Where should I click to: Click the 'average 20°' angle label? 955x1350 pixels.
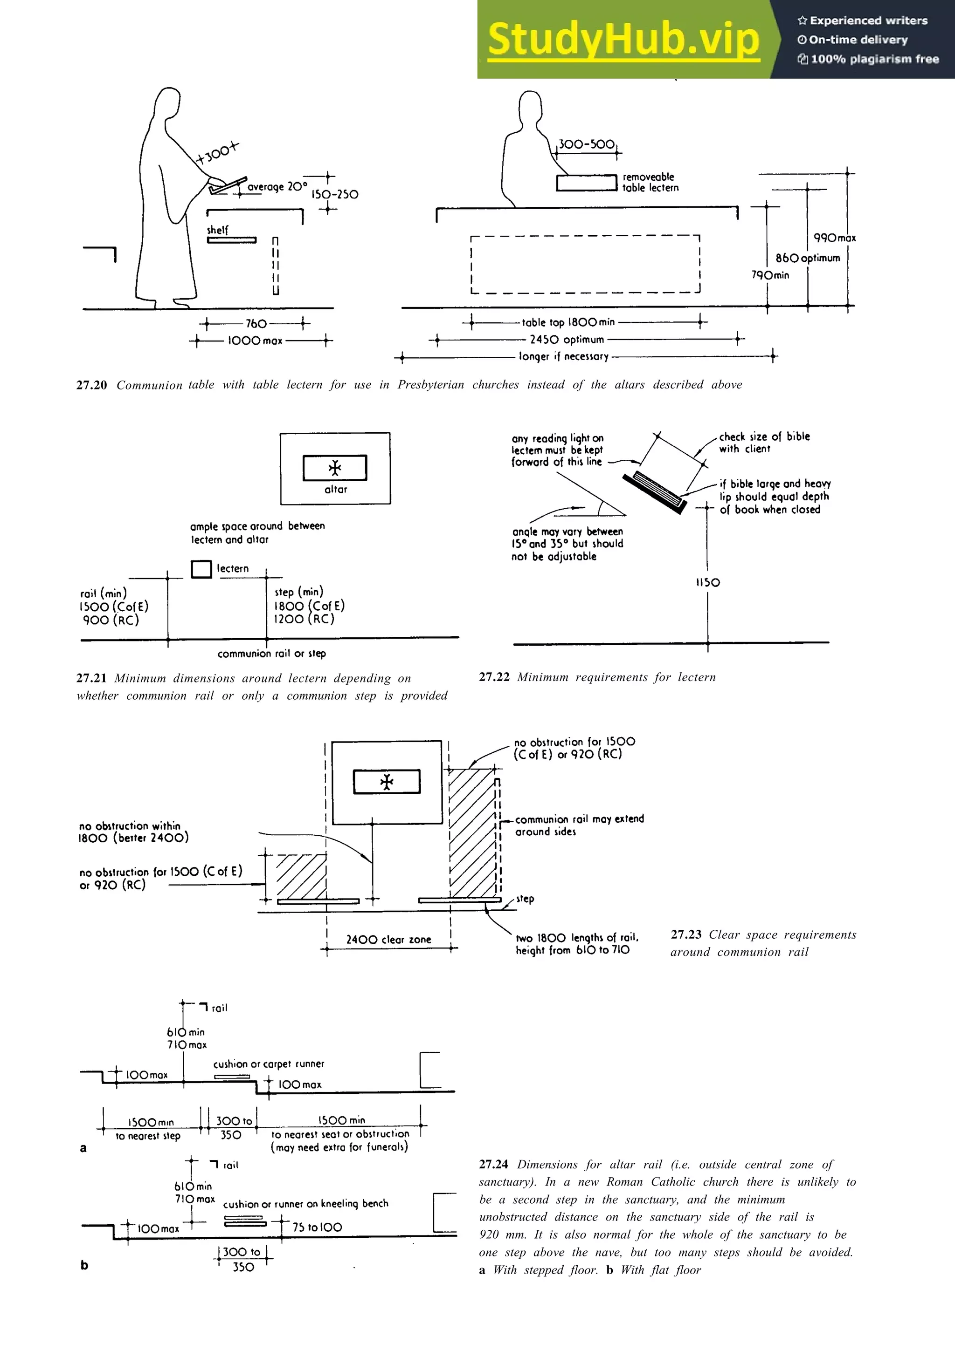pyautogui.click(x=277, y=187)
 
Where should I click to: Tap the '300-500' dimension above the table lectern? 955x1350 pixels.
pyautogui.click(x=586, y=144)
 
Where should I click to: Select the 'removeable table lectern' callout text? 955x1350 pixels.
pyautogui.click(x=650, y=182)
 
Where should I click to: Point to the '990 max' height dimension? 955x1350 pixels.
pyautogui.click(x=834, y=238)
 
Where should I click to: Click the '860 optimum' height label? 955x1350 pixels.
pyautogui.click(x=807, y=258)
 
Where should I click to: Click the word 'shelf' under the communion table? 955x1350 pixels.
pyautogui.click(x=217, y=230)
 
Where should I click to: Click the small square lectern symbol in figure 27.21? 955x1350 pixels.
pyautogui.click(x=201, y=569)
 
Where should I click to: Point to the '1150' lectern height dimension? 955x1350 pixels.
pyautogui.click(x=707, y=583)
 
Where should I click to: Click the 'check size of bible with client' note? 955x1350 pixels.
pyautogui.click(x=764, y=443)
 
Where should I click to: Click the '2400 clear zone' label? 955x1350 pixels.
pyautogui.click(x=388, y=940)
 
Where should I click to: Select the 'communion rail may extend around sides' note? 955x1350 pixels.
pyautogui.click(x=579, y=825)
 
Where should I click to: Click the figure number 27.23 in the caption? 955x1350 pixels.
pyautogui.click(x=686, y=934)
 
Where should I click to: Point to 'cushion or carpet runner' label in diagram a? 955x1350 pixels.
pyautogui.click(x=268, y=1064)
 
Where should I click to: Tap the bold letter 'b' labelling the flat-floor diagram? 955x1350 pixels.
pyautogui.click(x=84, y=1265)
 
